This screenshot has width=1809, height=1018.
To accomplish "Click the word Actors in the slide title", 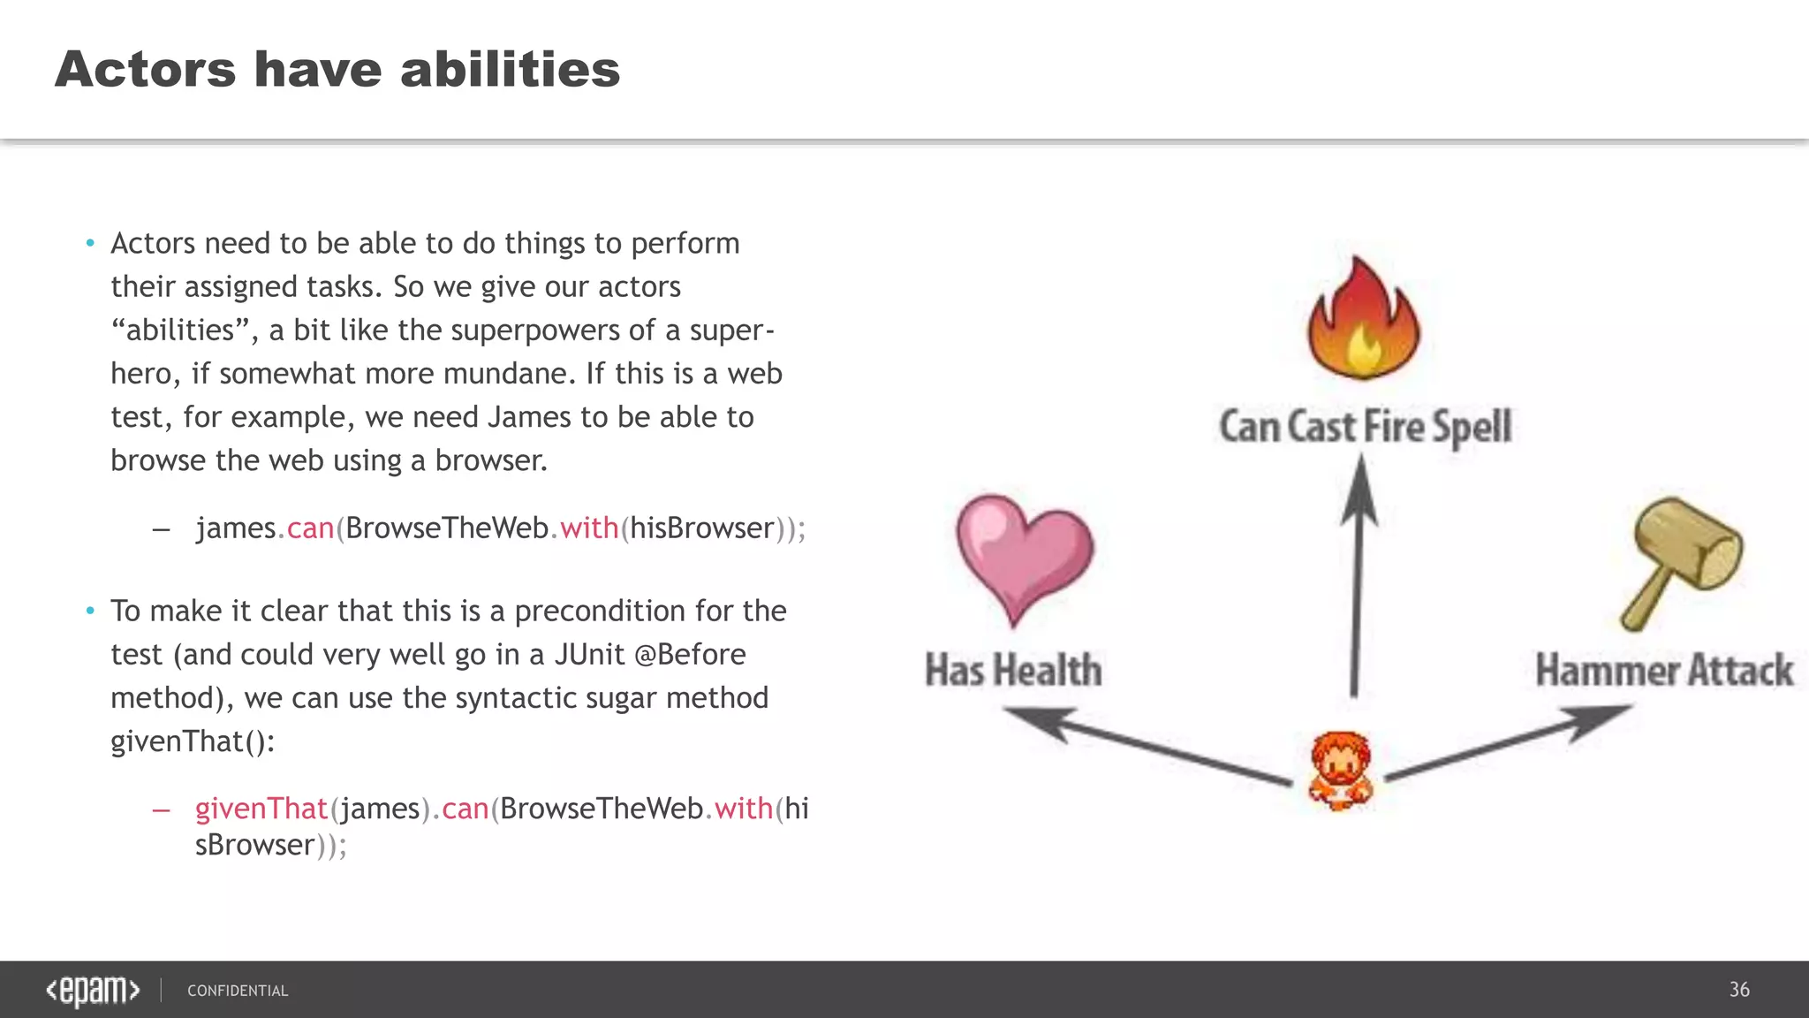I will point(146,69).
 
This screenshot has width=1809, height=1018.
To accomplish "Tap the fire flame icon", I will point(1363,320).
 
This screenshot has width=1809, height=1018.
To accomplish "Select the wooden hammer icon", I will point(1682,562).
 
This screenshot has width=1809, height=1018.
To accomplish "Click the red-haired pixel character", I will point(1340,771).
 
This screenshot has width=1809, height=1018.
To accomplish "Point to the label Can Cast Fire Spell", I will point(1365,427).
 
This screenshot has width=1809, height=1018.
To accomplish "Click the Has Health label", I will point(1013,670).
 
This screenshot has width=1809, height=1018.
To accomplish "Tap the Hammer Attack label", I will point(1663,670).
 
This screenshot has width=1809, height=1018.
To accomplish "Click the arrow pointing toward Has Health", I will point(1148,747).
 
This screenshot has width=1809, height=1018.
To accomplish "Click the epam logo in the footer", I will point(93,990).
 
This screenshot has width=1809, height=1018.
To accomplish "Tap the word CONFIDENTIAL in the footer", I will point(238,991).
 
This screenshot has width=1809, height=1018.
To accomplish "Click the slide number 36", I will point(1738,990).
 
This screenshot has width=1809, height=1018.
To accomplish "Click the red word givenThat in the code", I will point(261,809).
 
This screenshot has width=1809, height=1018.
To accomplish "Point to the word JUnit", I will point(589,655).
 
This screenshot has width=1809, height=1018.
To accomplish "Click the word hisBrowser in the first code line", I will point(702,528).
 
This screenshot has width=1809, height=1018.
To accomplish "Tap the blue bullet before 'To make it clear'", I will point(90,611).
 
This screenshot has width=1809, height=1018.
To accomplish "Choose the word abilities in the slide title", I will point(510,69).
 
